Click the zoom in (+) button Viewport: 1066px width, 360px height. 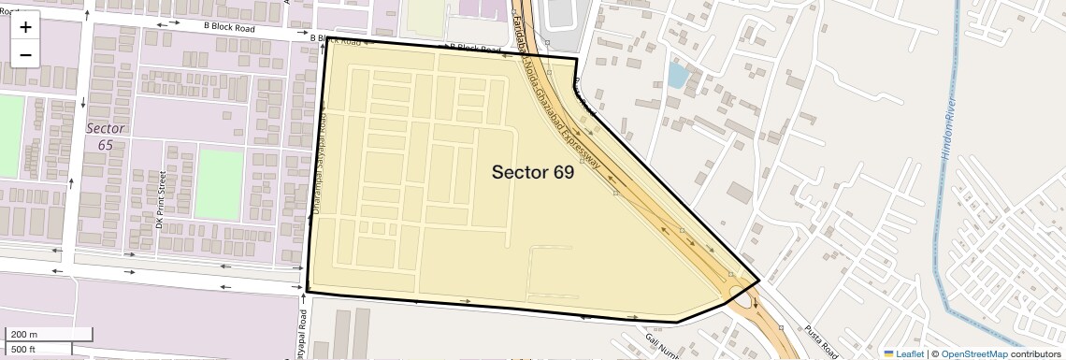tap(25, 27)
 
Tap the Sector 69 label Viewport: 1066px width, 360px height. tap(532, 171)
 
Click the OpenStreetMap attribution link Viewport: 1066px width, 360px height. tap(973, 353)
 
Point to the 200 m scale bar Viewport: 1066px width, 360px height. tap(49, 334)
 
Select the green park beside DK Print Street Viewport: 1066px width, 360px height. tap(219, 184)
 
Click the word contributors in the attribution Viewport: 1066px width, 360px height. tap(1035, 353)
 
